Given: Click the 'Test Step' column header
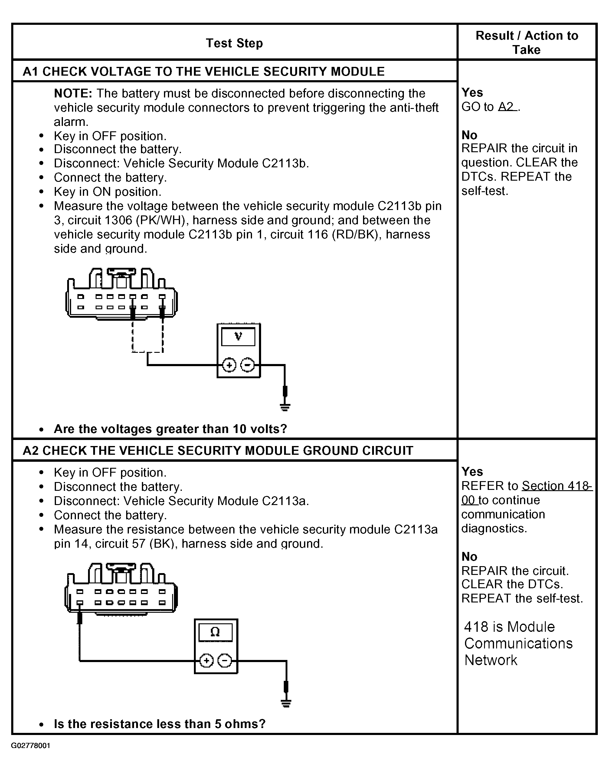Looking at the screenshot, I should [234, 43].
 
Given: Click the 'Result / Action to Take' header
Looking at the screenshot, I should [526, 42].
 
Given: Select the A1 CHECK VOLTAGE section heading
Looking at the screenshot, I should [204, 71].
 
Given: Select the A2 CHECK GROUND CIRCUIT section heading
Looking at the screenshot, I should [218, 450].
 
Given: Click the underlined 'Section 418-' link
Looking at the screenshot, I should [557, 486].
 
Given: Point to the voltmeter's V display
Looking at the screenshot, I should [238, 336].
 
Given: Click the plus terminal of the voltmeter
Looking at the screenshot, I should [229, 365].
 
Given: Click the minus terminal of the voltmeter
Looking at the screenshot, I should [247, 365].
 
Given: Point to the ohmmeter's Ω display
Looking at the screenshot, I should [215, 632].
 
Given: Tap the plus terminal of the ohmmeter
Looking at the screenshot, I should [206, 661].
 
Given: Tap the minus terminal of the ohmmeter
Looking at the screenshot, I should [224, 661].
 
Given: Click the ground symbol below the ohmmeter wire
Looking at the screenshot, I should [286, 703].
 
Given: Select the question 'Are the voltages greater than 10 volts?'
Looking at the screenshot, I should [170, 429].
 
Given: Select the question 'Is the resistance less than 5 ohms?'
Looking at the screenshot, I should [160, 724].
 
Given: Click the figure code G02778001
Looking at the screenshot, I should [31, 746].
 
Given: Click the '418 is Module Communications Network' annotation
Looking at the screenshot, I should [518, 644].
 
